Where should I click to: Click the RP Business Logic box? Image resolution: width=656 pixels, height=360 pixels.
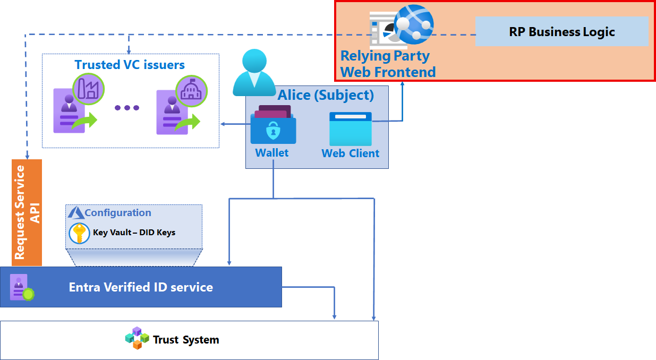tap(561, 32)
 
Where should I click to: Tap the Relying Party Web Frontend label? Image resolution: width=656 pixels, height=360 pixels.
tap(387, 64)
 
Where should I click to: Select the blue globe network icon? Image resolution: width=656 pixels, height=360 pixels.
tap(413, 24)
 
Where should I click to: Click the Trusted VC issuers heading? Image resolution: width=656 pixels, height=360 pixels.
tap(130, 65)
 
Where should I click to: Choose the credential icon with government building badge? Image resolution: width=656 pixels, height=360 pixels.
tap(178, 106)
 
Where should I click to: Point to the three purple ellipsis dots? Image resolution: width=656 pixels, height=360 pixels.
tap(127, 108)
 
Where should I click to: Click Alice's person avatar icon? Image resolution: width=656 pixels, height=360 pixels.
tap(253, 72)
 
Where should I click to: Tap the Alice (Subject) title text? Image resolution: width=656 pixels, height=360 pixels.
tap(326, 95)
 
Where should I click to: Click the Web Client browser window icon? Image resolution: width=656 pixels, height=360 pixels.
tap(351, 128)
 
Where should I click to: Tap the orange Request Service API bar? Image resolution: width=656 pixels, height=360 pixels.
tap(27, 212)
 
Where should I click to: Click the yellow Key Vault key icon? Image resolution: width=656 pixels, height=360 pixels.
tap(79, 233)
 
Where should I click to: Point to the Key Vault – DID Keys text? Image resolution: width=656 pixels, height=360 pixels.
tap(134, 233)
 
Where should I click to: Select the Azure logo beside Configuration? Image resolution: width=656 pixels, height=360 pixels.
tap(76, 212)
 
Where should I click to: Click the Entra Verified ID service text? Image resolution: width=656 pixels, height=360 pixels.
tap(141, 287)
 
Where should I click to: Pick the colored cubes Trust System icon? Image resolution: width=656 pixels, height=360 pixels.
tap(137, 338)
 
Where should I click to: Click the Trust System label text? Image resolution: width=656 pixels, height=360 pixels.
tap(186, 340)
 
